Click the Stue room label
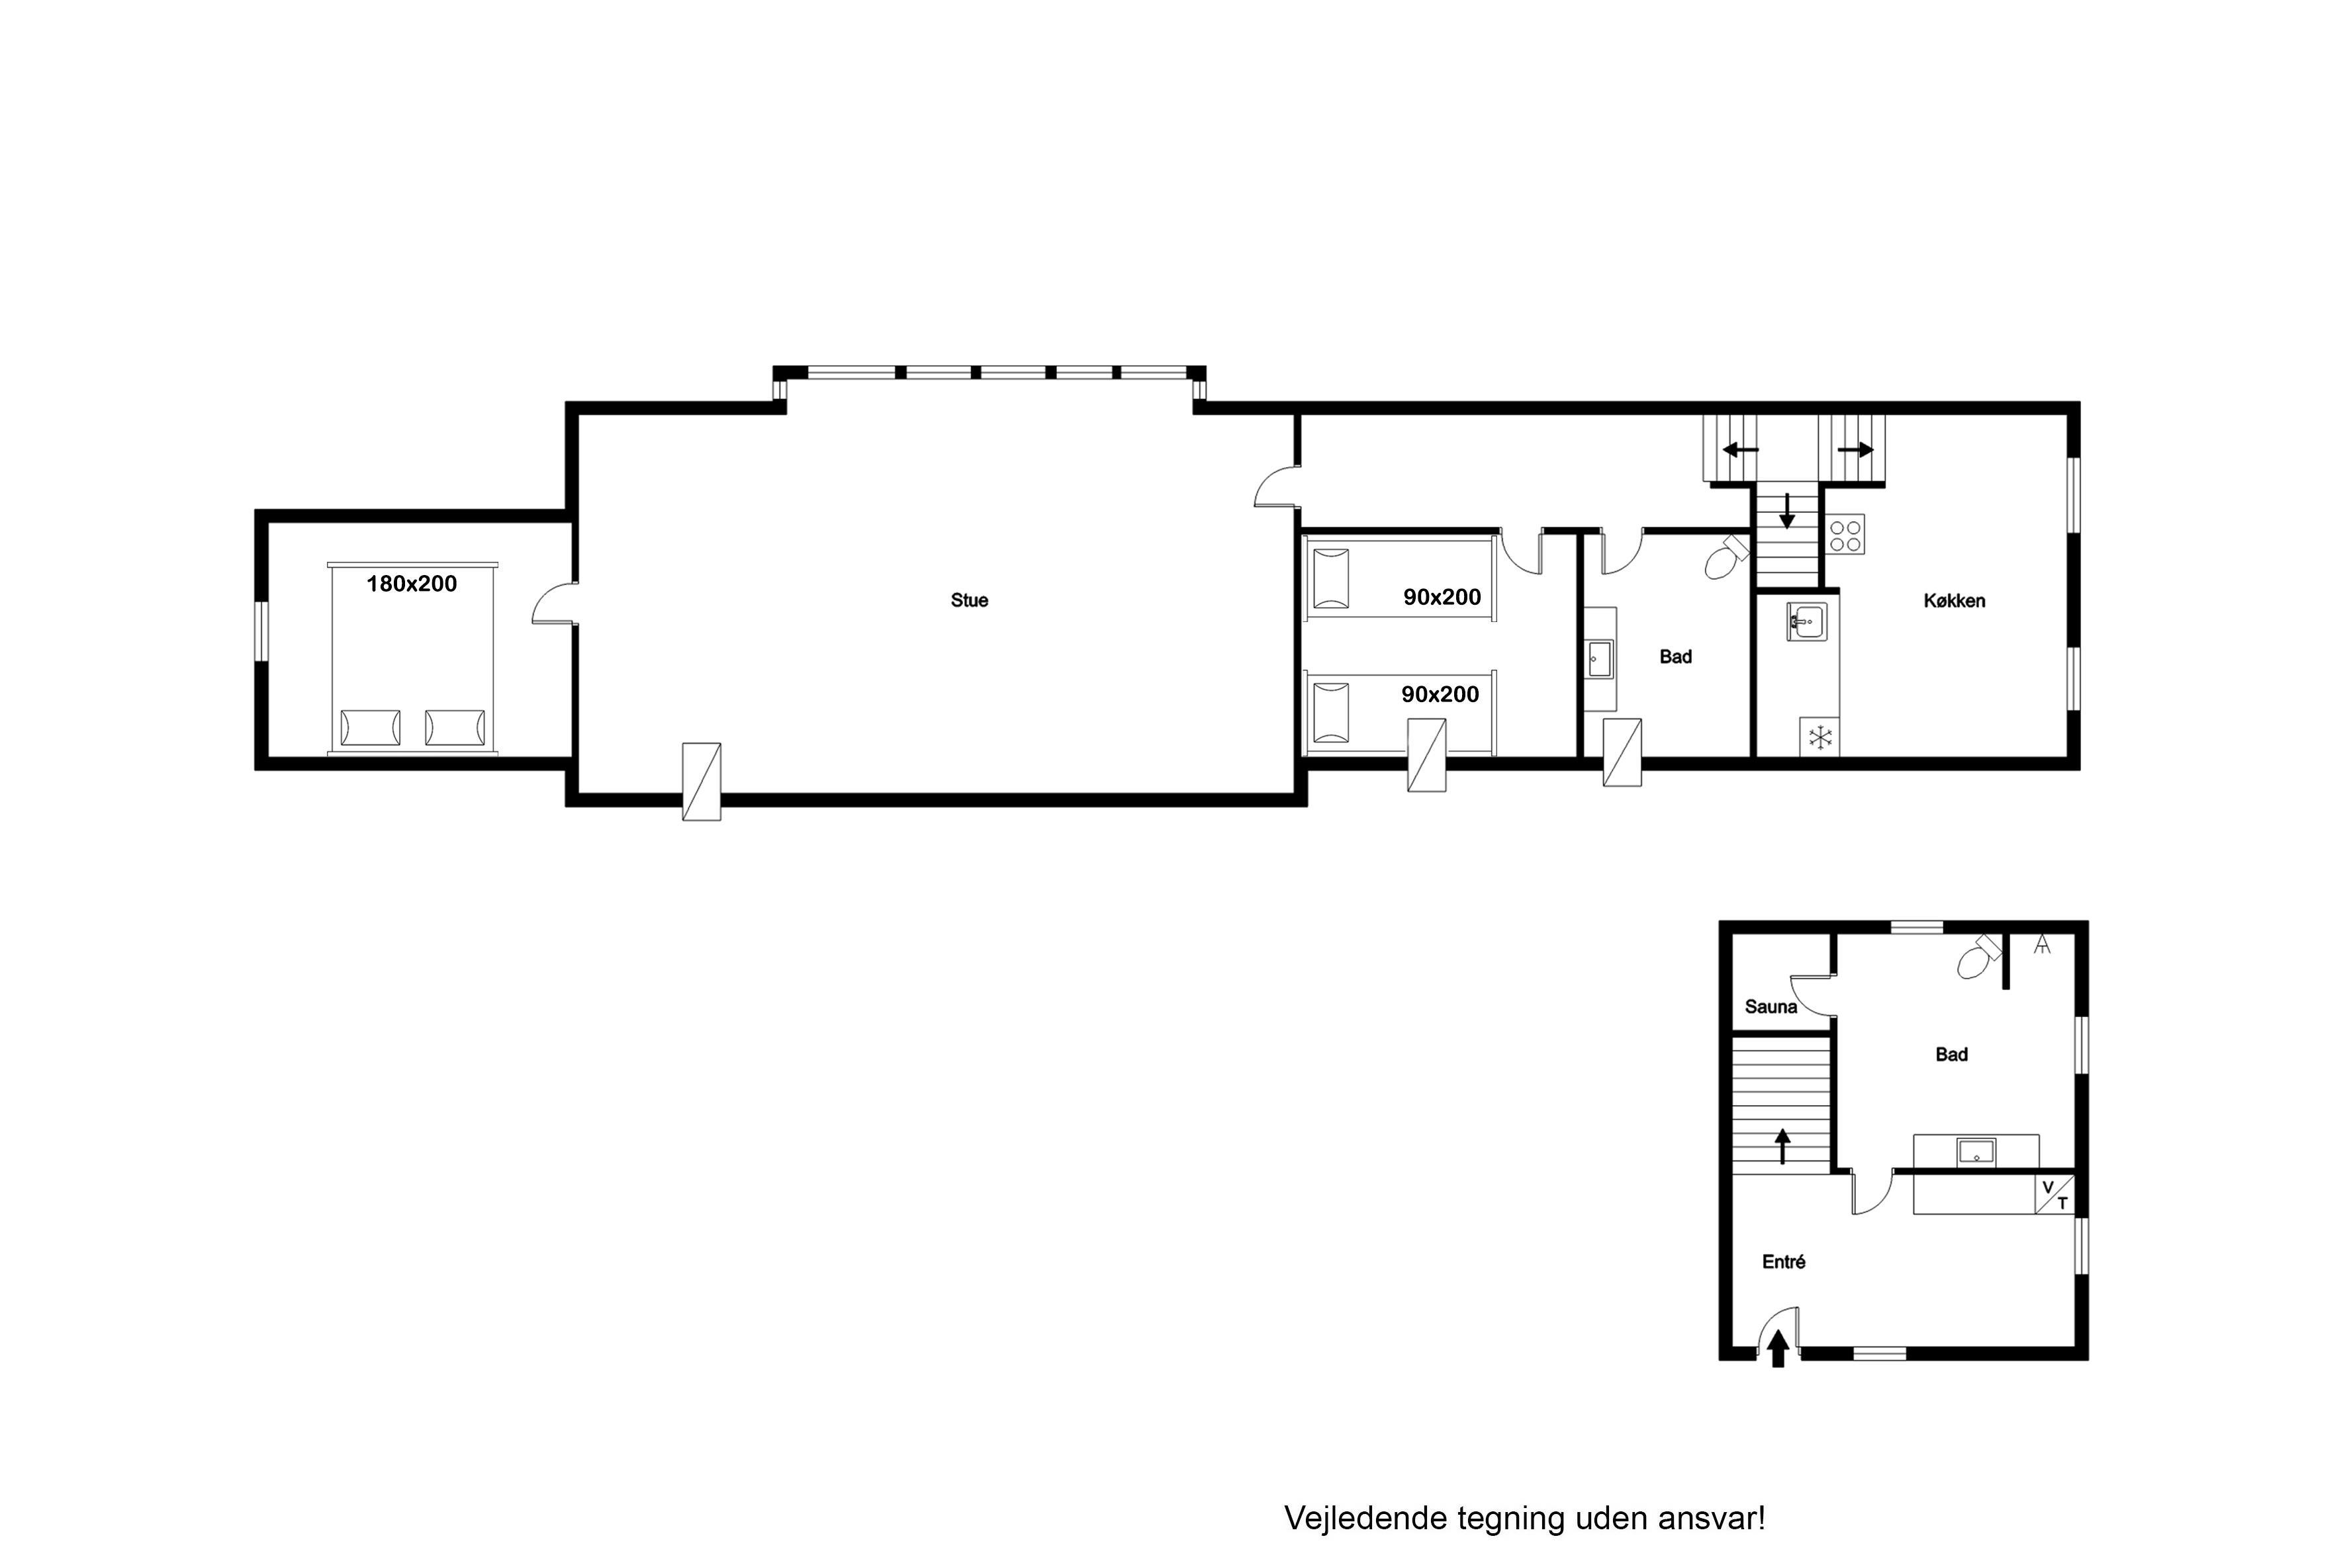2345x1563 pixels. pos(969,600)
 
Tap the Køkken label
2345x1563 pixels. pos(1954,601)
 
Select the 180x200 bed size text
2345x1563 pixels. pos(412,584)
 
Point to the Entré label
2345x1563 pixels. pos(1784,1262)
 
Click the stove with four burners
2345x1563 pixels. pos(1845,534)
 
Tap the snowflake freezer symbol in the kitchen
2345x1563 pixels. pos(1821,738)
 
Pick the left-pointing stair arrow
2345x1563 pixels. pos(1740,449)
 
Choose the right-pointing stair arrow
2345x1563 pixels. pos(1855,449)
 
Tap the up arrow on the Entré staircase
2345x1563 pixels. pos(1782,1145)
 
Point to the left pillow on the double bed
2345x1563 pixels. pos(370,728)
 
